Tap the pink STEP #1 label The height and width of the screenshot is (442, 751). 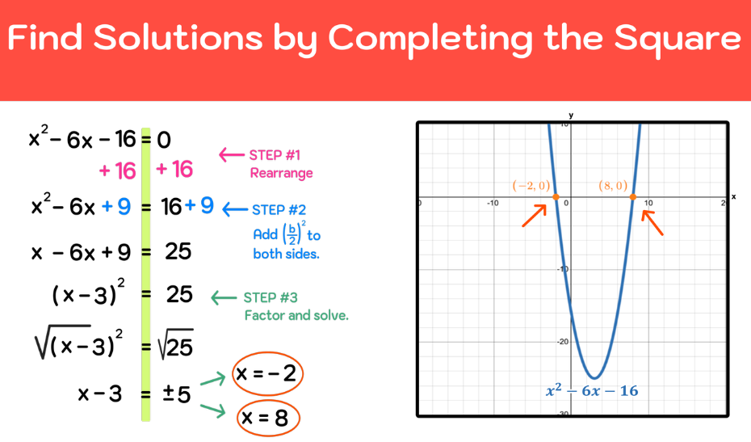click(x=275, y=155)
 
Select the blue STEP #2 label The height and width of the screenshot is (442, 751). click(x=279, y=210)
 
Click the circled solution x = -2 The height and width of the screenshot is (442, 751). click(x=266, y=373)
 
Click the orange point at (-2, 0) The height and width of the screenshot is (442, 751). click(x=556, y=197)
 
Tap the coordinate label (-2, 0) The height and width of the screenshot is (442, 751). click(x=531, y=186)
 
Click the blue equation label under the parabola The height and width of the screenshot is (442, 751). click(x=591, y=391)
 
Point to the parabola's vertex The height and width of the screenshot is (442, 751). click(x=594, y=377)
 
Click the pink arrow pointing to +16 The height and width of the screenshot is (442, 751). click(x=231, y=154)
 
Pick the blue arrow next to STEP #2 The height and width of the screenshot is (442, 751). click(x=234, y=209)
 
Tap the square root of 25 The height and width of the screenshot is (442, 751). click(x=175, y=346)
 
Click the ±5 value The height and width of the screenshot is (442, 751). click(x=177, y=394)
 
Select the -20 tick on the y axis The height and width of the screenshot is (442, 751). click(x=562, y=341)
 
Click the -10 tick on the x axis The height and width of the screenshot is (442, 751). click(x=492, y=203)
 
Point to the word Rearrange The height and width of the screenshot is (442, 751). click(x=281, y=173)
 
